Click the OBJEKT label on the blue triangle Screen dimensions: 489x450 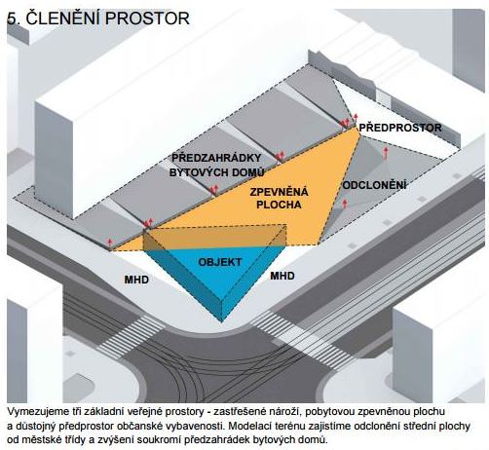(x=220, y=262)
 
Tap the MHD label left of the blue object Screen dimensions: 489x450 (x=136, y=280)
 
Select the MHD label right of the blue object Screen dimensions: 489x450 (x=282, y=276)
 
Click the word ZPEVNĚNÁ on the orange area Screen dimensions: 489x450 (x=279, y=192)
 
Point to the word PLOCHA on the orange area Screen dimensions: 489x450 (x=279, y=205)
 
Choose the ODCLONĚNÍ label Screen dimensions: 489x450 (x=374, y=185)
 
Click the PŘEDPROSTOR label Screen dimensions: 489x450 (x=400, y=128)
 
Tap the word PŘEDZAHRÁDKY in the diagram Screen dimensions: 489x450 (x=216, y=158)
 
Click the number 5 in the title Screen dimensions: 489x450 (x=12, y=19)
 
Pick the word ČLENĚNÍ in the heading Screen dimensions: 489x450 (x=62, y=18)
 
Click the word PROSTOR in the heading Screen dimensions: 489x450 (x=147, y=19)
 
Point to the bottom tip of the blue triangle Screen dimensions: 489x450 (x=222, y=322)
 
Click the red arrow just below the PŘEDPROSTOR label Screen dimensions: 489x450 (x=386, y=153)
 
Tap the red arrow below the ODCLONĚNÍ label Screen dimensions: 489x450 (x=345, y=204)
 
